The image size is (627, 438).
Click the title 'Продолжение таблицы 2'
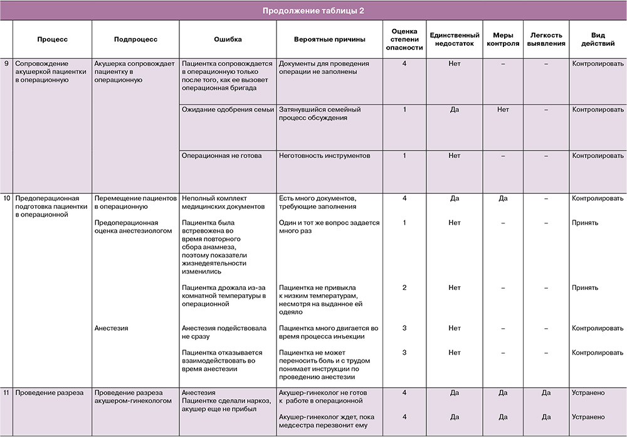313,10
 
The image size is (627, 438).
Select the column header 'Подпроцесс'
135,39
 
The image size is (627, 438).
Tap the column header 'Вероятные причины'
329,39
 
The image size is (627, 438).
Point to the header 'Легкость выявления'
545,39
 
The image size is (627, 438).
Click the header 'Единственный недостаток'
455,39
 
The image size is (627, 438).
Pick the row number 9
6,64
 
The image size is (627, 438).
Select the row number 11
6,393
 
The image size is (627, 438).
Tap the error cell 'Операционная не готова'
221,156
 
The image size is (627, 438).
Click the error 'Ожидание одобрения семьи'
228,110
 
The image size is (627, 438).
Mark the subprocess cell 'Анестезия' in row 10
113,328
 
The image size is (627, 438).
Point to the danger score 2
404,287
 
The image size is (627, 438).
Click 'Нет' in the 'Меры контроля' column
503,110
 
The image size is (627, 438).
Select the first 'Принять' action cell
585,223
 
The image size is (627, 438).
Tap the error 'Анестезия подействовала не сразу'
224,332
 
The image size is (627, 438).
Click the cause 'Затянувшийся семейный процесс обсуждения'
321,114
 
